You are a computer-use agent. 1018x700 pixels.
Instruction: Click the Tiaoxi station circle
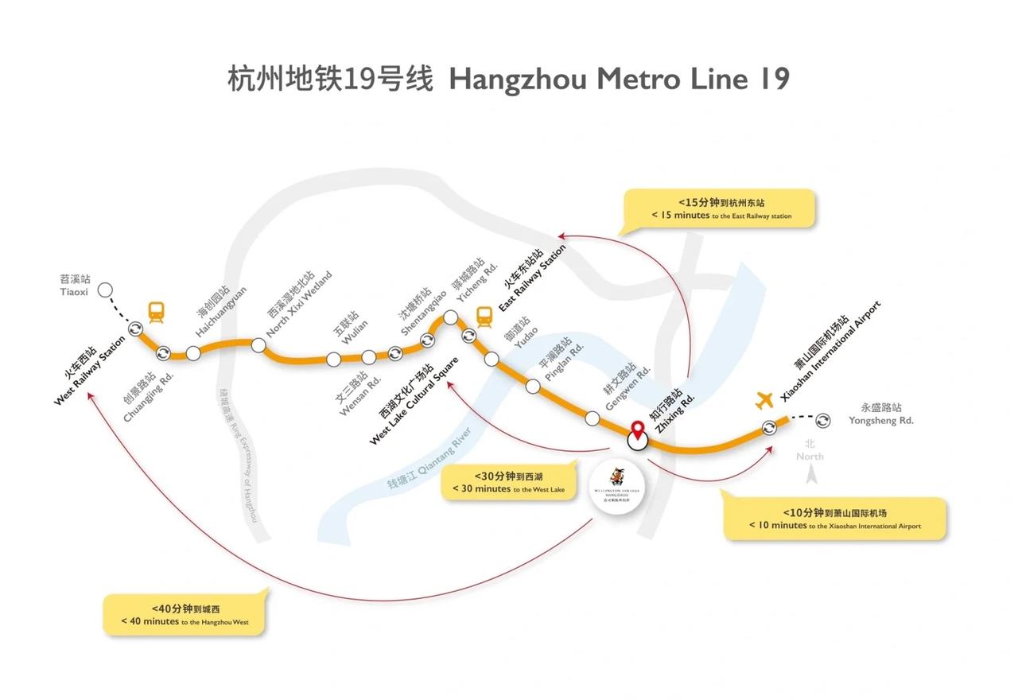[106, 290]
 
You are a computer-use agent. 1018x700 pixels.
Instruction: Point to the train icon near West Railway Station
[157, 312]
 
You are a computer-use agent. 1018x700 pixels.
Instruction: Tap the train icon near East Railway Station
[484, 317]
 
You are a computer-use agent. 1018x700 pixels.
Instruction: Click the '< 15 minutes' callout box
[721, 209]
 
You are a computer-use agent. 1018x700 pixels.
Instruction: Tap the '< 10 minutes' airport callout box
[834, 519]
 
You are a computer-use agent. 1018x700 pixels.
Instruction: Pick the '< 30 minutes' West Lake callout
[508, 482]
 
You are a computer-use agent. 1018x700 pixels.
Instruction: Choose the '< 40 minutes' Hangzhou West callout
[185, 615]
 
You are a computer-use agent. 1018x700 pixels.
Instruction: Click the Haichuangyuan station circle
[193, 352]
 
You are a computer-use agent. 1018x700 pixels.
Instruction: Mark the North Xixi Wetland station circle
[258, 344]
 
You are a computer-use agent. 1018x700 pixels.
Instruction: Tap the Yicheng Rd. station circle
[450, 318]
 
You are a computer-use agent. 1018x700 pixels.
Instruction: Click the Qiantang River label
[430, 461]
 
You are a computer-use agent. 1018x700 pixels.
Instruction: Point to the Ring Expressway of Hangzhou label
[239, 454]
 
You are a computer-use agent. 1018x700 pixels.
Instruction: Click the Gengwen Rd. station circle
[593, 418]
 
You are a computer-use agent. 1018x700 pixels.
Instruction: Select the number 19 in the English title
[770, 80]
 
